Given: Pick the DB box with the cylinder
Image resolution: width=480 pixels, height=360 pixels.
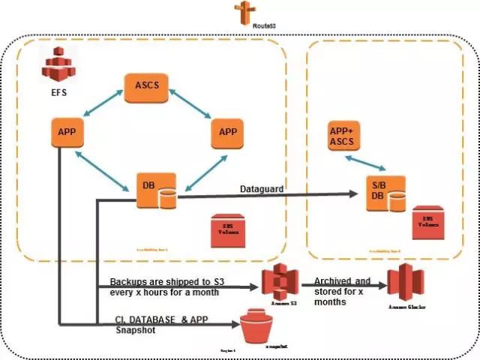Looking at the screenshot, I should [x=155, y=191].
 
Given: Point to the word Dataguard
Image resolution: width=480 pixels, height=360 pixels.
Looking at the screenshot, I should [x=261, y=189].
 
